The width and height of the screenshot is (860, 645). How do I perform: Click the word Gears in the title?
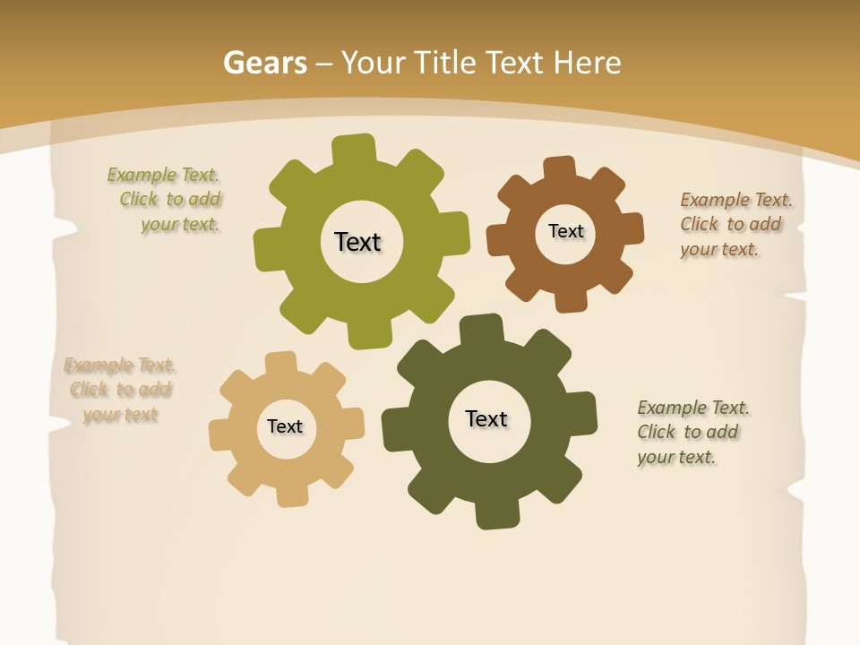pyautogui.click(x=264, y=63)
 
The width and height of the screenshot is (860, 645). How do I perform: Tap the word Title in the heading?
pyautogui.click(x=448, y=63)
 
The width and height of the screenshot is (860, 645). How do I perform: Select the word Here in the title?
pyautogui.click(x=587, y=63)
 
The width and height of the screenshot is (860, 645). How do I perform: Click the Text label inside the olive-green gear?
pyautogui.click(x=357, y=242)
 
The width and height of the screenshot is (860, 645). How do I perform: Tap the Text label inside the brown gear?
pyautogui.click(x=565, y=231)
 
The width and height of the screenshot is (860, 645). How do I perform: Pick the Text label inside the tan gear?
pyautogui.click(x=285, y=426)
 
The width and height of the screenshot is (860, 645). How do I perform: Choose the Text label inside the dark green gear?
pyautogui.click(x=486, y=418)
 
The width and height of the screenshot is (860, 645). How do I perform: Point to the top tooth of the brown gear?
pyautogui.click(x=560, y=168)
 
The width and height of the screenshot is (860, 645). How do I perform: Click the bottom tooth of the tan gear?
pyautogui.click(x=291, y=494)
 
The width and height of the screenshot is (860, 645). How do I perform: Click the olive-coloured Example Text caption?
pyautogui.click(x=167, y=200)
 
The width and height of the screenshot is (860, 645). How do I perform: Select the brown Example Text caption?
pyautogui.click(x=735, y=224)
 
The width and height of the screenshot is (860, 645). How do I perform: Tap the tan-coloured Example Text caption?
pyautogui.click(x=119, y=390)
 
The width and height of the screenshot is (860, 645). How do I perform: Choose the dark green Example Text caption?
pyautogui.click(x=692, y=432)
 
